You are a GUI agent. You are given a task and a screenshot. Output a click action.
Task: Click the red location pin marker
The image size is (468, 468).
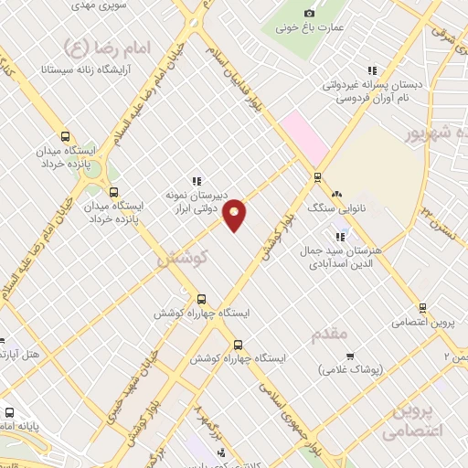(x=235, y=214)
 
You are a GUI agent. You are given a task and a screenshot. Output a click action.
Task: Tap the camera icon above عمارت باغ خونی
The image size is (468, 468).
(x=309, y=13)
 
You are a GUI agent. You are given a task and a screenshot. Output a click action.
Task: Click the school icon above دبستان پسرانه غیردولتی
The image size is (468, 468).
(x=371, y=69)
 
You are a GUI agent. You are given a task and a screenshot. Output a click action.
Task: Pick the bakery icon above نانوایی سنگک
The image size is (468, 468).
(x=337, y=194)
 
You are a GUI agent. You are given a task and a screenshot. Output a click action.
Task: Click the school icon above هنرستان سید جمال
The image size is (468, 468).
(x=340, y=238)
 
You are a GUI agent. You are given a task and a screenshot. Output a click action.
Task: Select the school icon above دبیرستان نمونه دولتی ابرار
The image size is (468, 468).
(x=196, y=180)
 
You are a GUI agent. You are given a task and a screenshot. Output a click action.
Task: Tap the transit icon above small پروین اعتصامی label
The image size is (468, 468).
(x=421, y=308)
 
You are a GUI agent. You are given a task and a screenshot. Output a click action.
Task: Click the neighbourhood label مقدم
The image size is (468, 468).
(x=329, y=335)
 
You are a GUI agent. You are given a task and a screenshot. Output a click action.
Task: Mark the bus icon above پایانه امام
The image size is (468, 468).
(x=11, y=412)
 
